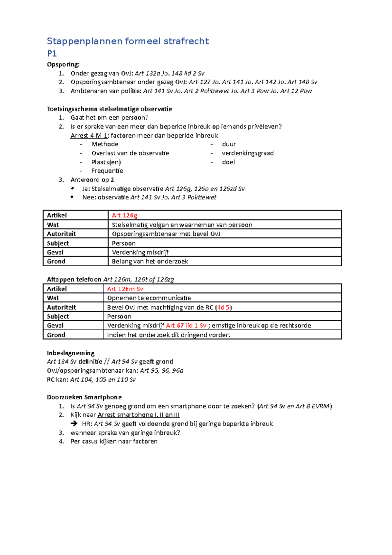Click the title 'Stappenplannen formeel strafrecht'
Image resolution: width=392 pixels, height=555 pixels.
click(x=128, y=41)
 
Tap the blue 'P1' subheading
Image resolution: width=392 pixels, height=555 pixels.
click(x=52, y=54)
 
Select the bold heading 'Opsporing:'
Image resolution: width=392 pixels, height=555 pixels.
click(x=63, y=64)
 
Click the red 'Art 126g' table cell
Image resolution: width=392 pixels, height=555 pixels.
click(x=124, y=215)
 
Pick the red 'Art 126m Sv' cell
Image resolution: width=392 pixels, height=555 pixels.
click(x=125, y=289)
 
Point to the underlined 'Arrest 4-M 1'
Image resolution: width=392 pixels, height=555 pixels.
click(x=89, y=136)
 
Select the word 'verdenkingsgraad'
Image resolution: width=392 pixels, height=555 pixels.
click(x=248, y=153)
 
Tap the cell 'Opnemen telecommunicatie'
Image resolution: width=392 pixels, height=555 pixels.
click(x=149, y=298)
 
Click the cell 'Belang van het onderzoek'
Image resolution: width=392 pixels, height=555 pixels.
click(x=150, y=261)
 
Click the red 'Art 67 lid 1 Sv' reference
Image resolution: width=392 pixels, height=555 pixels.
click(x=186, y=326)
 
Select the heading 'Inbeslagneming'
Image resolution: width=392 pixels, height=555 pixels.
click(x=71, y=353)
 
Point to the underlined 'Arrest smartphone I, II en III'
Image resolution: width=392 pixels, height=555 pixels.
click(x=139, y=415)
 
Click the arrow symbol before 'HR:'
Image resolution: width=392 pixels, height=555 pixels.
click(x=74, y=424)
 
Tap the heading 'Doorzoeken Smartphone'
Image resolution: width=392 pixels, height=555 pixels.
click(x=84, y=397)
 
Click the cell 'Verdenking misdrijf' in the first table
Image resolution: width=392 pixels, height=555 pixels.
click(x=140, y=252)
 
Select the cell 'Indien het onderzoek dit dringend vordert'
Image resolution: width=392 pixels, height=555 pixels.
click(x=169, y=335)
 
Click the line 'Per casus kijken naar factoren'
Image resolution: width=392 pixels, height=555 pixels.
click(x=114, y=442)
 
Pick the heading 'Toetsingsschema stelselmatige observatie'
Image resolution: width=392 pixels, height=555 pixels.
click(x=109, y=109)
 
